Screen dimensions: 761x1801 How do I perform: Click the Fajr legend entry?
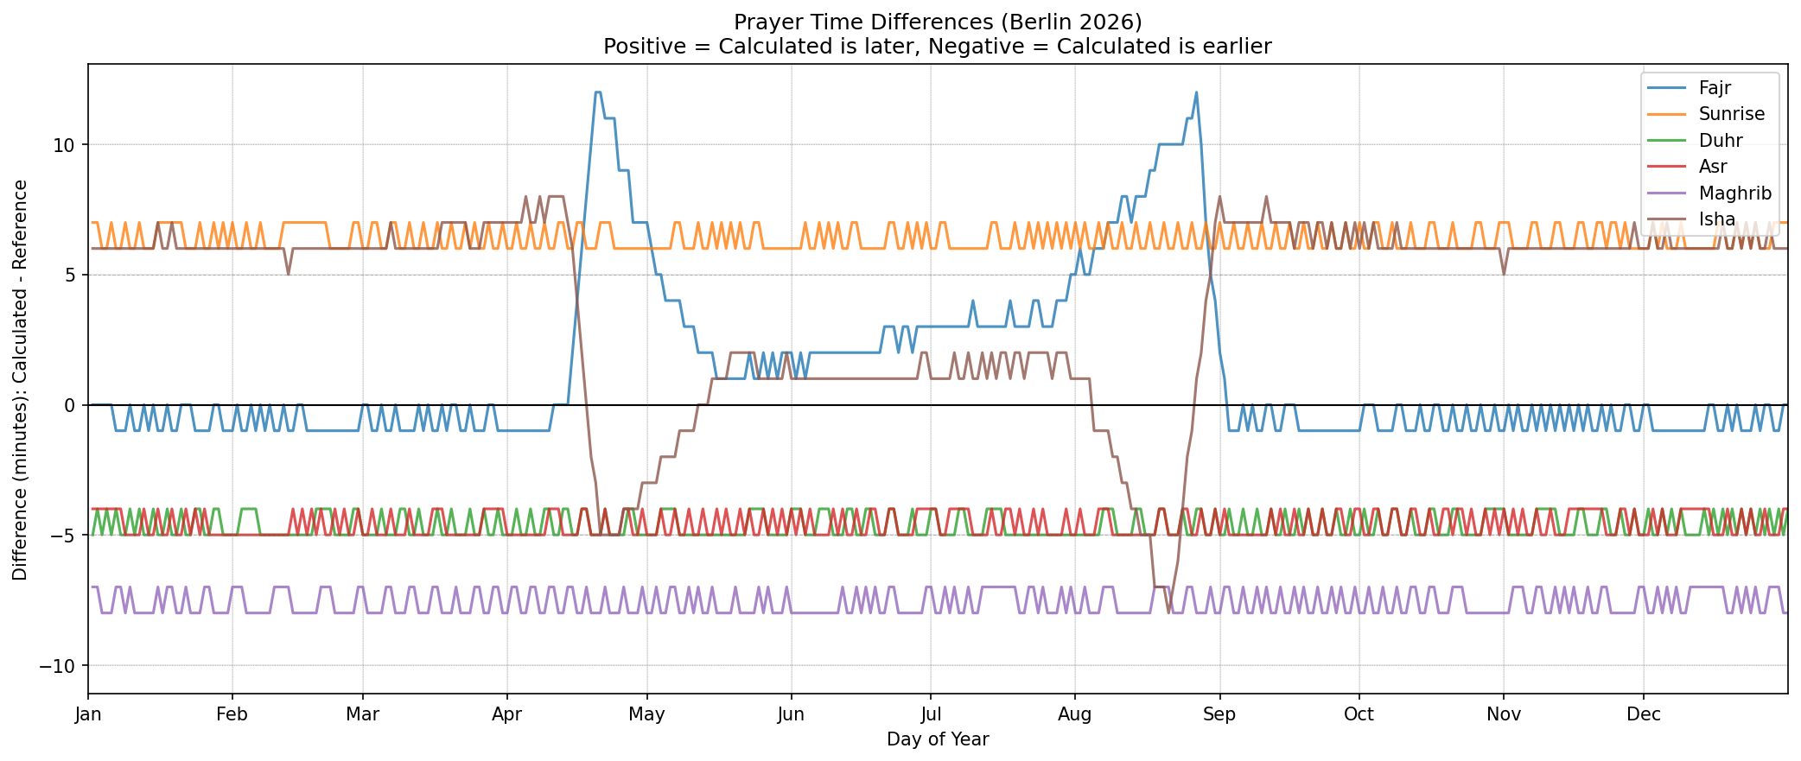(1715, 87)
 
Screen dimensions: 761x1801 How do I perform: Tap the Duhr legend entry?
(1720, 140)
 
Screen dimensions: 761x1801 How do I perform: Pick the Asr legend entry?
(1713, 167)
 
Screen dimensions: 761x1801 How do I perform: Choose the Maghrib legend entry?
(1734, 193)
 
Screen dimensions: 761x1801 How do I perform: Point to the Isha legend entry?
(1716, 219)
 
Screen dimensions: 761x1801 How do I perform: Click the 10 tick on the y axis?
(64, 145)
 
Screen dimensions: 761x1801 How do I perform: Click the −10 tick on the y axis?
(59, 666)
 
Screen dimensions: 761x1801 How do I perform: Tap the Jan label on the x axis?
(88, 714)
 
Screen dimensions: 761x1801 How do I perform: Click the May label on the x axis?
(646, 714)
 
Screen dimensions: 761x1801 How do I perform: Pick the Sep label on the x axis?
(1219, 714)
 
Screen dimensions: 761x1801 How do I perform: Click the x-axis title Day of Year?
(938, 739)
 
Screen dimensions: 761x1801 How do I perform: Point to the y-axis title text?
(20, 380)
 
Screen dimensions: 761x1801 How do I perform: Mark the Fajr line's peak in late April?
(597, 92)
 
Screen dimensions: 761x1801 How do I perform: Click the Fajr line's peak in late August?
(1196, 92)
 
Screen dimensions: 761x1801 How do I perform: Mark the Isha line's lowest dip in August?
(1168, 612)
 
